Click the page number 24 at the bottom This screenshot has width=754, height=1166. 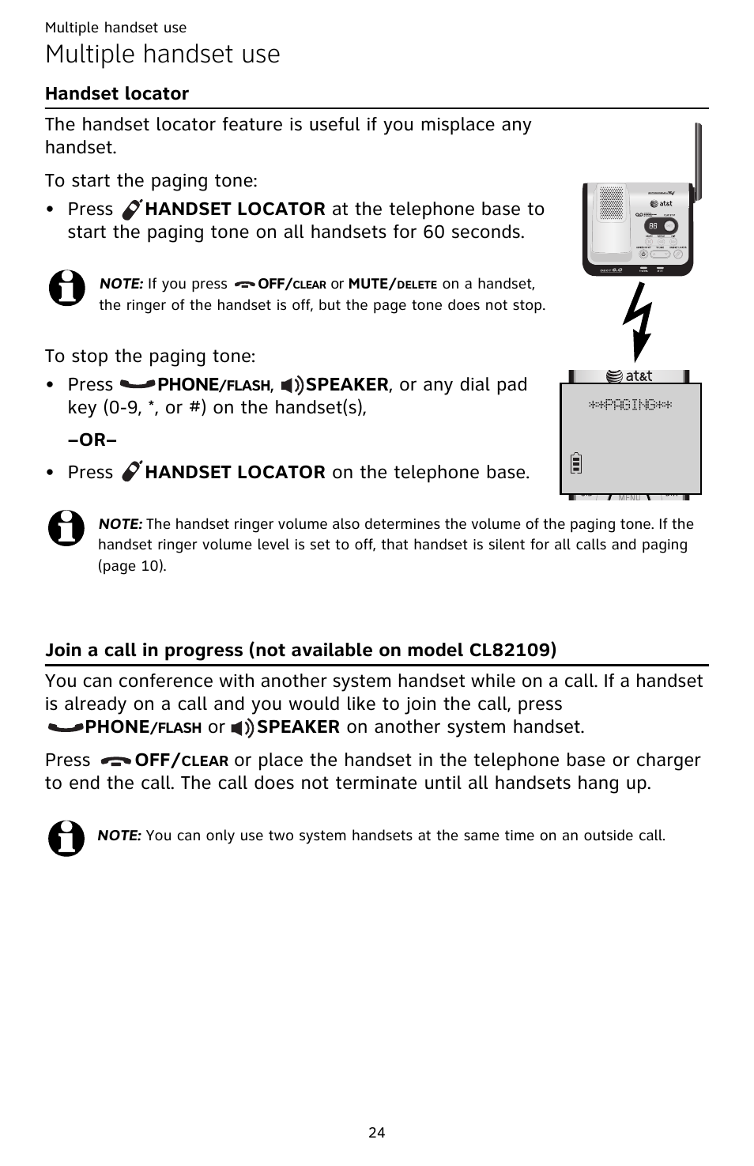[x=377, y=1132]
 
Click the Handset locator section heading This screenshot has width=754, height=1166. [x=117, y=93]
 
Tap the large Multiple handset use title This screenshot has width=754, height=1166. [x=163, y=55]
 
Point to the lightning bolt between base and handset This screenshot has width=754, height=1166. [x=639, y=321]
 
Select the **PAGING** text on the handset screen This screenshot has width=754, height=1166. [x=631, y=405]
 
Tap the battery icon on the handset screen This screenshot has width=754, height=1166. [x=576, y=462]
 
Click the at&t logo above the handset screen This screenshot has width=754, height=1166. [x=629, y=376]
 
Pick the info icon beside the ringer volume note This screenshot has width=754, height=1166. [x=66, y=527]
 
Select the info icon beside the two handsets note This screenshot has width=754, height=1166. [x=66, y=838]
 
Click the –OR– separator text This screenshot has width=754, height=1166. [x=92, y=440]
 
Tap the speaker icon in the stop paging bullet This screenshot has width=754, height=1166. [x=292, y=385]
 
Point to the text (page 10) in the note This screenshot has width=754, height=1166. [x=132, y=566]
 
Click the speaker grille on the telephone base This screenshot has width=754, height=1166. [x=611, y=204]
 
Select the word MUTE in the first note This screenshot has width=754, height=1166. [x=368, y=284]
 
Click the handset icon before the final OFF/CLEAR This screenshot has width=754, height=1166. [x=117, y=760]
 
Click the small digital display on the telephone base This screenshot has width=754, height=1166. [x=653, y=225]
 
